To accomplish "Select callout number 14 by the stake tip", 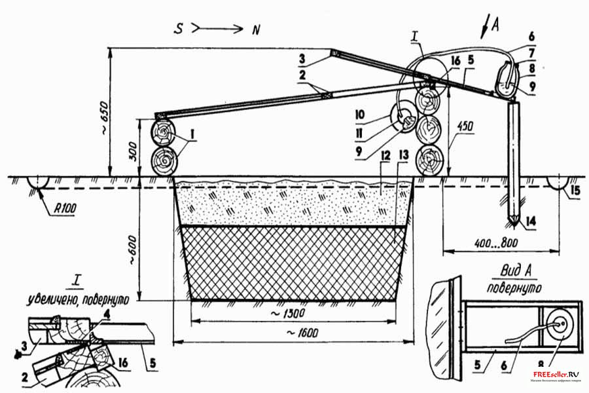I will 529,221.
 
